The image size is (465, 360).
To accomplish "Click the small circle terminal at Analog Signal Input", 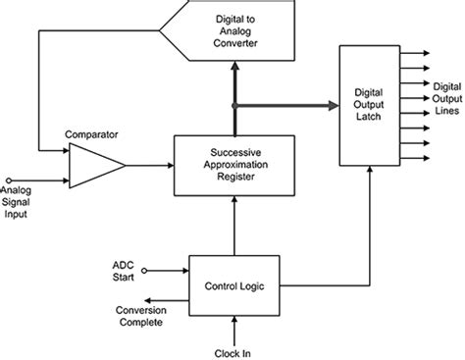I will pyautogui.click(x=9, y=179).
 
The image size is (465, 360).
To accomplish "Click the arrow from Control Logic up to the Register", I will pyautogui.click(x=233, y=221).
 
